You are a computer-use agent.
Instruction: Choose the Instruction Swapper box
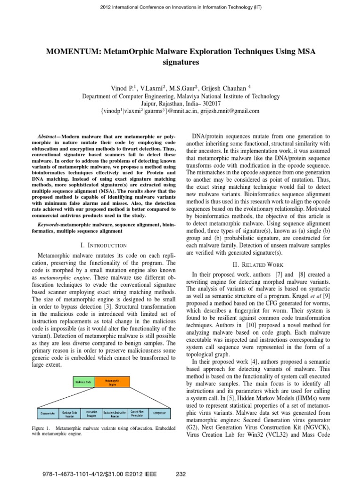click(91, 414)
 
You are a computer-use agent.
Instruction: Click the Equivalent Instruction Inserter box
click(114, 414)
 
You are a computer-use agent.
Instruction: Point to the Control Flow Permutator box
click(138, 414)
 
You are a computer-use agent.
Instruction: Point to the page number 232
click(181, 474)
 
